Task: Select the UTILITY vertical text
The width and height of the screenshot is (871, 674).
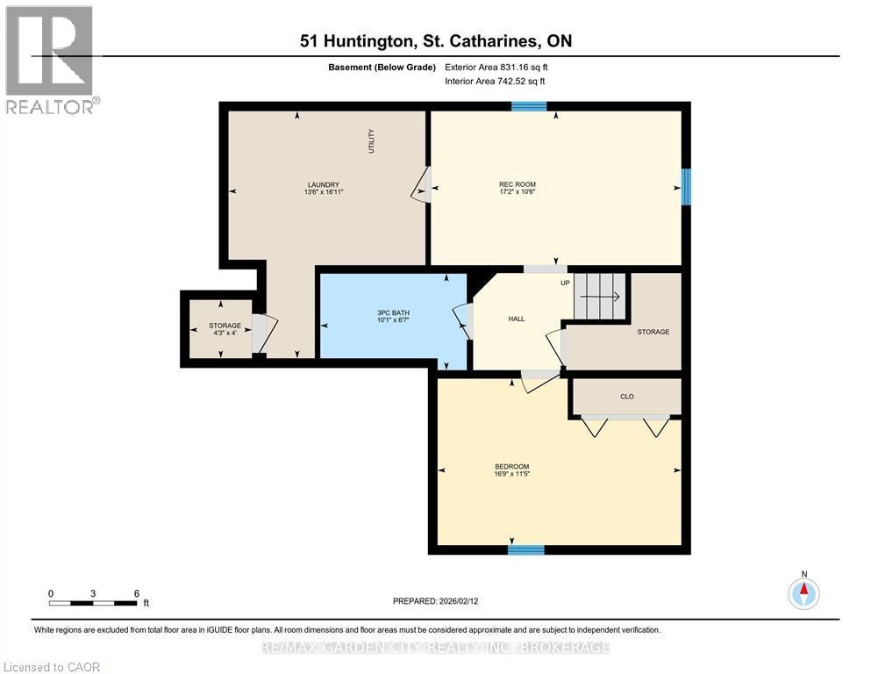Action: [x=371, y=141]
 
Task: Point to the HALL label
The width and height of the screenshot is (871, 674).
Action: [x=517, y=319]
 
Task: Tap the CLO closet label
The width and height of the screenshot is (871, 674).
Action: [x=626, y=397]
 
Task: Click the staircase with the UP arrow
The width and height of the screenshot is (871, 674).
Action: [x=601, y=296]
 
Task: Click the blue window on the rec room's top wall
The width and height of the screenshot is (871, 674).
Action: [x=529, y=106]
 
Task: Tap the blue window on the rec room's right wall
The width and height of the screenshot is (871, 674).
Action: [x=687, y=186]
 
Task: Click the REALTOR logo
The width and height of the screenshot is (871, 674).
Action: [x=50, y=60]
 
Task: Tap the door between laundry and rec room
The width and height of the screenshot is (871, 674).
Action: [x=422, y=184]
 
